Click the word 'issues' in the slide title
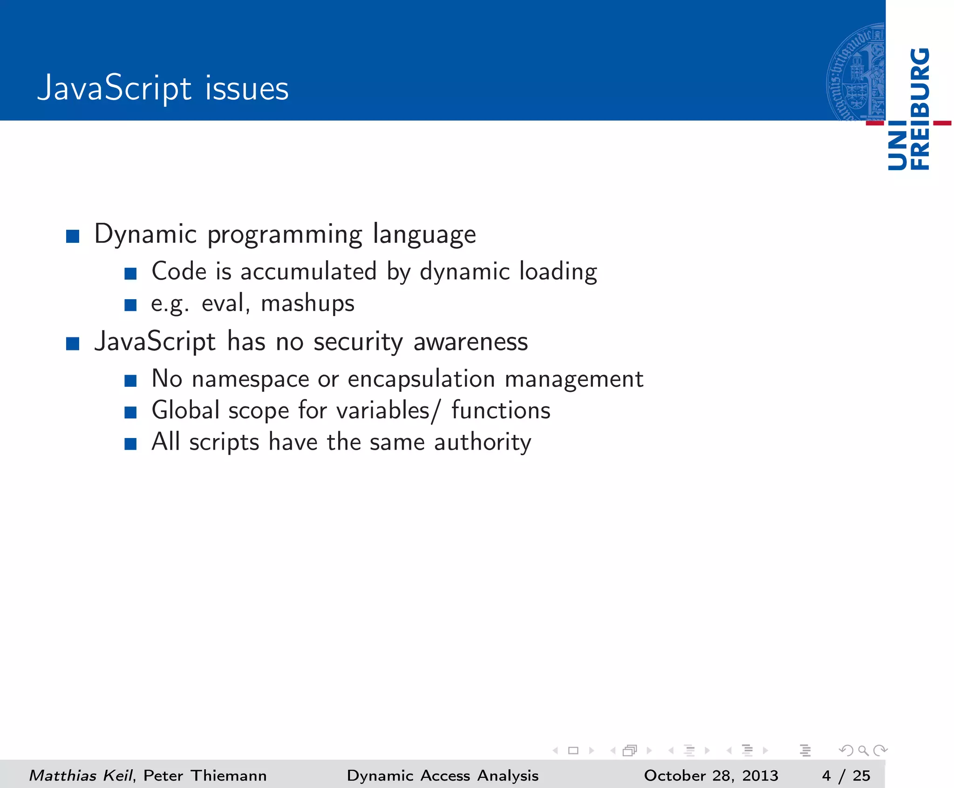click(246, 89)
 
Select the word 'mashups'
click(307, 304)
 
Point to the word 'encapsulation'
click(421, 379)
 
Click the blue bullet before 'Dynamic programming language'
click(73, 236)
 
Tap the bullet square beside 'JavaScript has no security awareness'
click(73, 344)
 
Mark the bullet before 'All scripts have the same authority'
click(130, 444)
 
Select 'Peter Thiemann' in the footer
click(205, 776)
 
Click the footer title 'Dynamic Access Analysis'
click(443, 776)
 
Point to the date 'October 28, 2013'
click(711, 776)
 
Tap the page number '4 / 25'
click(846, 776)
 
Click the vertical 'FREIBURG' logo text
click(920, 109)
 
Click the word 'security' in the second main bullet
click(358, 342)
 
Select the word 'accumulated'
click(308, 272)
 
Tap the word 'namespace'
click(250, 379)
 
